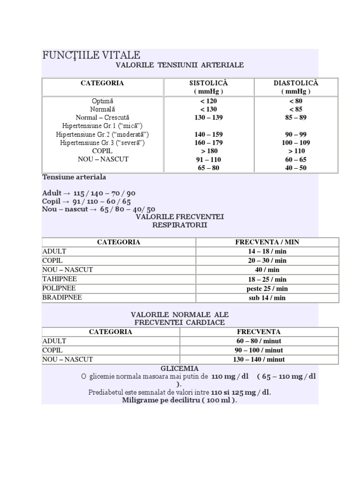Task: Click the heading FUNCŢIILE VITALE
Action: click(x=91, y=55)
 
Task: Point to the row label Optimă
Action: click(x=103, y=101)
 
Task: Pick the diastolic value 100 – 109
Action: click(x=295, y=142)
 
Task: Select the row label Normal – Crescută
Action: click(x=103, y=118)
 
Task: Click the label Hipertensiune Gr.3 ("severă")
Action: click(x=103, y=142)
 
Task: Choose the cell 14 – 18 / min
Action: click(x=267, y=251)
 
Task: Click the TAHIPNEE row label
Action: click(x=59, y=279)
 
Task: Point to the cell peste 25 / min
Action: click(x=267, y=288)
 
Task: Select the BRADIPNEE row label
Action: click(x=62, y=298)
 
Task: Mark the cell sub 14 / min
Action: click(x=267, y=298)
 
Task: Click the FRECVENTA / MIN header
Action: click(x=267, y=242)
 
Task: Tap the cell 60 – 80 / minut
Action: click(x=259, y=341)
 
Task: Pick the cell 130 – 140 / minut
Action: click(x=259, y=360)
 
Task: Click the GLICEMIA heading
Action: click(x=180, y=368)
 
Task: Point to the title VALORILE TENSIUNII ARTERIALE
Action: click(x=180, y=65)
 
